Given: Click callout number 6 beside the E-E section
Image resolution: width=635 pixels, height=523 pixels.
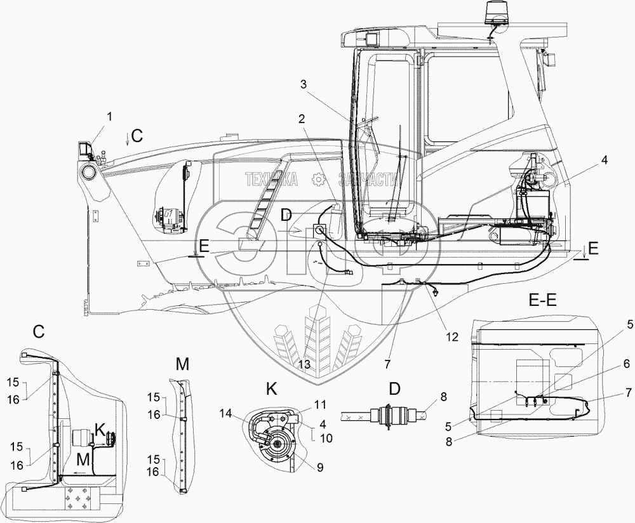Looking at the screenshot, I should coord(626,362).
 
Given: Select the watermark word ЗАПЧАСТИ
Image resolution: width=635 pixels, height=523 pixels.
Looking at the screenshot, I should coord(368,180).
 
